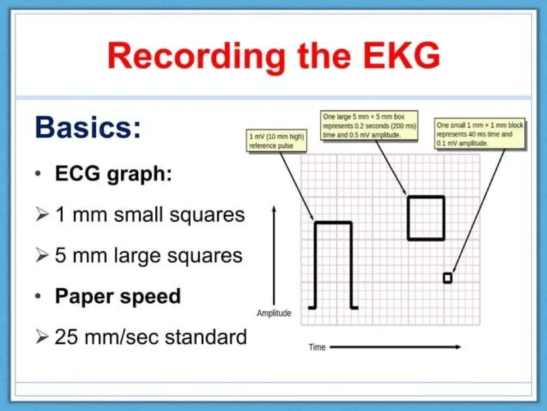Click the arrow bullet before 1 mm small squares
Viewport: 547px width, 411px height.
[x=42, y=215]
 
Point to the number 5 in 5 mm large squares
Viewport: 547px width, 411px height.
[x=60, y=255]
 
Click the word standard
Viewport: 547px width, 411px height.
[x=206, y=337]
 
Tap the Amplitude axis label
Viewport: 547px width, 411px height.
[x=274, y=313]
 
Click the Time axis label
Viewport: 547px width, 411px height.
[x=317, y=347]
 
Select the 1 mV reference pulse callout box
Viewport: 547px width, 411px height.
[x=276, y=141]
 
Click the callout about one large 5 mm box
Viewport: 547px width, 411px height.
[x=369, y=125]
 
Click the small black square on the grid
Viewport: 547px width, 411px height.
[x=448, y=278]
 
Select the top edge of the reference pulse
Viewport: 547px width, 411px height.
[x=333, y=223]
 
